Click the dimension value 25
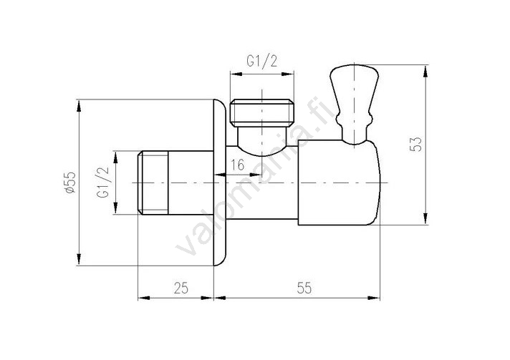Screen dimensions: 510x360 pyautogui.click(x=181, y=288)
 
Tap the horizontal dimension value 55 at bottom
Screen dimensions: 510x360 pyautogui.click(x=304, y=288)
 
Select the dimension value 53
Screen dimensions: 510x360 pyautogui.click(x=416, y=144)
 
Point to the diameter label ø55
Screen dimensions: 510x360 pyautogui.click(x=70, y=183)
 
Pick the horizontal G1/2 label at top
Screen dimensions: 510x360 pyautogui.click(x=262, y=61)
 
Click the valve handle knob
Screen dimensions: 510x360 pyautogui.click(x=354, y=87)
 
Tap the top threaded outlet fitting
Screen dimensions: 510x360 pyautogui.click(x=262, y=113)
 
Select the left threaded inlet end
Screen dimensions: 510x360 pyautogui.click(x=153, y=183)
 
